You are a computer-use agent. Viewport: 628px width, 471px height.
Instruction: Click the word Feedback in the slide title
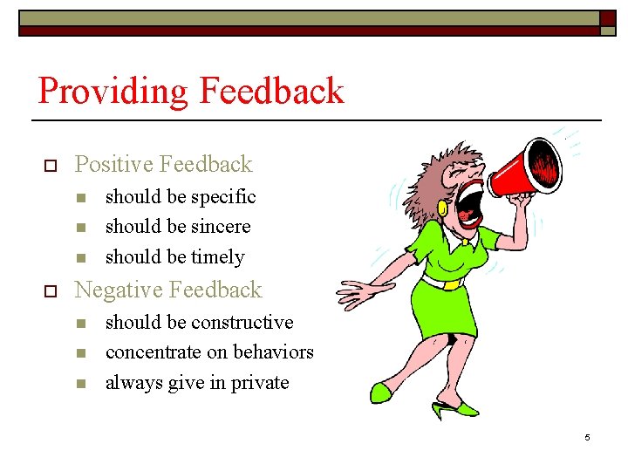[271, 91]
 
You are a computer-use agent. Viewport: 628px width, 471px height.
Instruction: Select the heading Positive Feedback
[163, 164]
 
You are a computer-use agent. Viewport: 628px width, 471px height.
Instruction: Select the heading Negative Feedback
[168, 290]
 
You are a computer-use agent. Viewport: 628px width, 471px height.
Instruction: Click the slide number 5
[587, 438]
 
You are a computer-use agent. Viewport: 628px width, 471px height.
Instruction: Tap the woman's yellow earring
[443, 209]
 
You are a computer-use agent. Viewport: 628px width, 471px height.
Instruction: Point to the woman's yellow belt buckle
[451, 283]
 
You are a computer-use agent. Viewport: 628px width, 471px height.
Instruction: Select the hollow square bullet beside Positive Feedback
[50, 165]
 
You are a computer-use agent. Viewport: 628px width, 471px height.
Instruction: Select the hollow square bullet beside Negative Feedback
[50, 290]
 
